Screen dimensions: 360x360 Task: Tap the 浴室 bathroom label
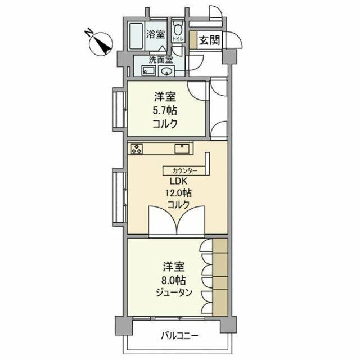pyautogui.click(x=156, y=34)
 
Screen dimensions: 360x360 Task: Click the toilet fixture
pyautogui.click(x=178, y=30)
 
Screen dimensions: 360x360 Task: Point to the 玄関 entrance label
pyautogui.click(x=209, y=40)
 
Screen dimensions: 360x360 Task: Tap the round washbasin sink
pyautogui.click(x=166, y=71)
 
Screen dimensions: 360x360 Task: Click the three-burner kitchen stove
pyautogui.click(x=137, y=148)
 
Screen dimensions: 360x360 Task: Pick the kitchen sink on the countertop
pyautogui.click(x=183, y=148)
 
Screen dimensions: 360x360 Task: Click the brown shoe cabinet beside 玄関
pyautogui.click(x=193, y=40)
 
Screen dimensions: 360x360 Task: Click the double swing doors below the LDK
pyautogui.click(x=178, y=221)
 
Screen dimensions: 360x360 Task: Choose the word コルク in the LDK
pyautogui.click(x=178, y=205)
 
